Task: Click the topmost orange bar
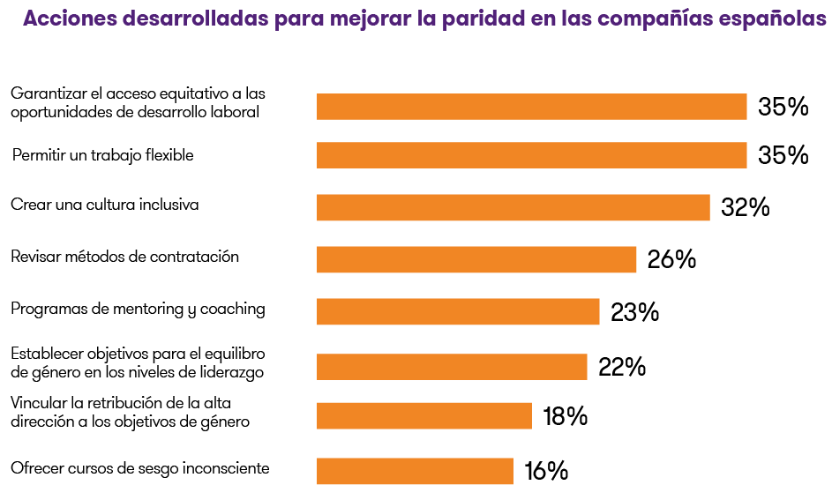(531, 107)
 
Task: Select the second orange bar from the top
(531, 155)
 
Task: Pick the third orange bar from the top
(513, 208)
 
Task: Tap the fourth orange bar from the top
(476, 260)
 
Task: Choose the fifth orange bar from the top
(458, 312)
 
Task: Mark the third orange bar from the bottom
(452, 367)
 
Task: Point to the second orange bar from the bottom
(423, 416)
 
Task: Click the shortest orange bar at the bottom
(415, 472)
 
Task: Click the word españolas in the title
(777, 19)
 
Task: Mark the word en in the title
(542, 19)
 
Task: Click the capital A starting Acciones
(31, 19)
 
